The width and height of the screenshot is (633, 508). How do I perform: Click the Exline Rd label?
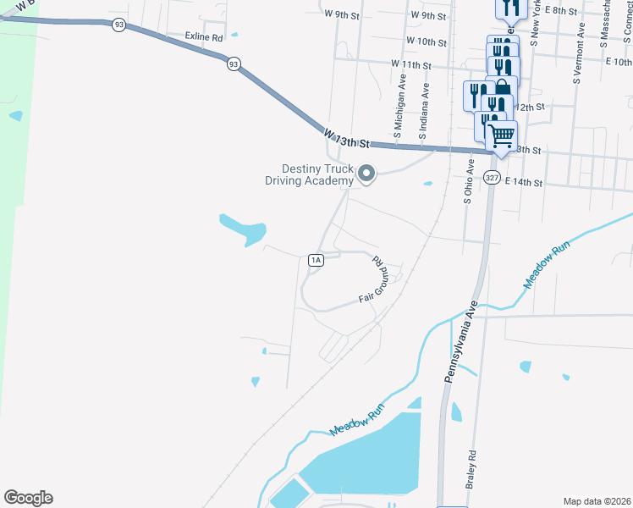point(204,38)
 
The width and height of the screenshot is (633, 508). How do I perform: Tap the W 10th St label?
point(426,41)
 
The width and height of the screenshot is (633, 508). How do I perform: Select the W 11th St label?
point(411,64)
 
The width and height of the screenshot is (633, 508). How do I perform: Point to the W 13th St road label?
point(346,138)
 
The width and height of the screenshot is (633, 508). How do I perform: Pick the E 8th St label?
point(560,11)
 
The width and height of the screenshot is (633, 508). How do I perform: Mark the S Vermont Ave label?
point(578,53)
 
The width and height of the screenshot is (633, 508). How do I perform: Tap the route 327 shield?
point(493,177)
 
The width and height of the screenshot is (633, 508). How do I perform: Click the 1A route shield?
point(316,260)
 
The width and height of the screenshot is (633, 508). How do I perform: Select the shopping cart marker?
point(501,135)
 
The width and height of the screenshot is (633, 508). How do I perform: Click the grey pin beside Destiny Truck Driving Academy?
point(366,174)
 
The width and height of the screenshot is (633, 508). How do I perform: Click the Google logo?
point(28,498)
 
